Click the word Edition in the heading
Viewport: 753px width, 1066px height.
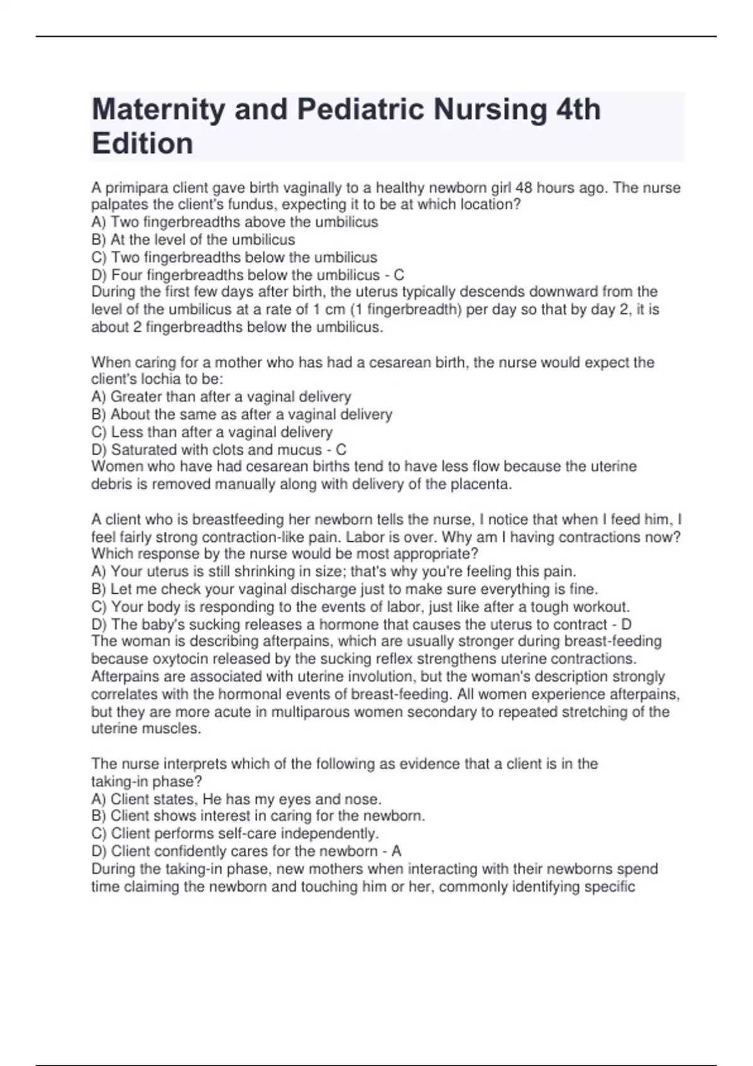click(142, 144)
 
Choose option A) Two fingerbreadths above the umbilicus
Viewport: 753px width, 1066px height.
click(235, 222)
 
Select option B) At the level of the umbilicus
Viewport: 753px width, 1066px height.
click(193, 240)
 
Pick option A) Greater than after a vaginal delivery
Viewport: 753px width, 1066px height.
click(221, 397)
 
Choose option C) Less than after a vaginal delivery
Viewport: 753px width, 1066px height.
click(212, 432)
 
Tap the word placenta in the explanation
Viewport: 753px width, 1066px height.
click(484, 484)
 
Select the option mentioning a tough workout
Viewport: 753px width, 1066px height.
click(361, 607)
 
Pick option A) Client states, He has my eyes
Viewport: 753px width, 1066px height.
click(237, 799)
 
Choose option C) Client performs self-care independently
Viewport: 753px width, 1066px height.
click(235, 833)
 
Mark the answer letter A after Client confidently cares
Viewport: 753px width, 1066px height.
click(396, 851)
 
